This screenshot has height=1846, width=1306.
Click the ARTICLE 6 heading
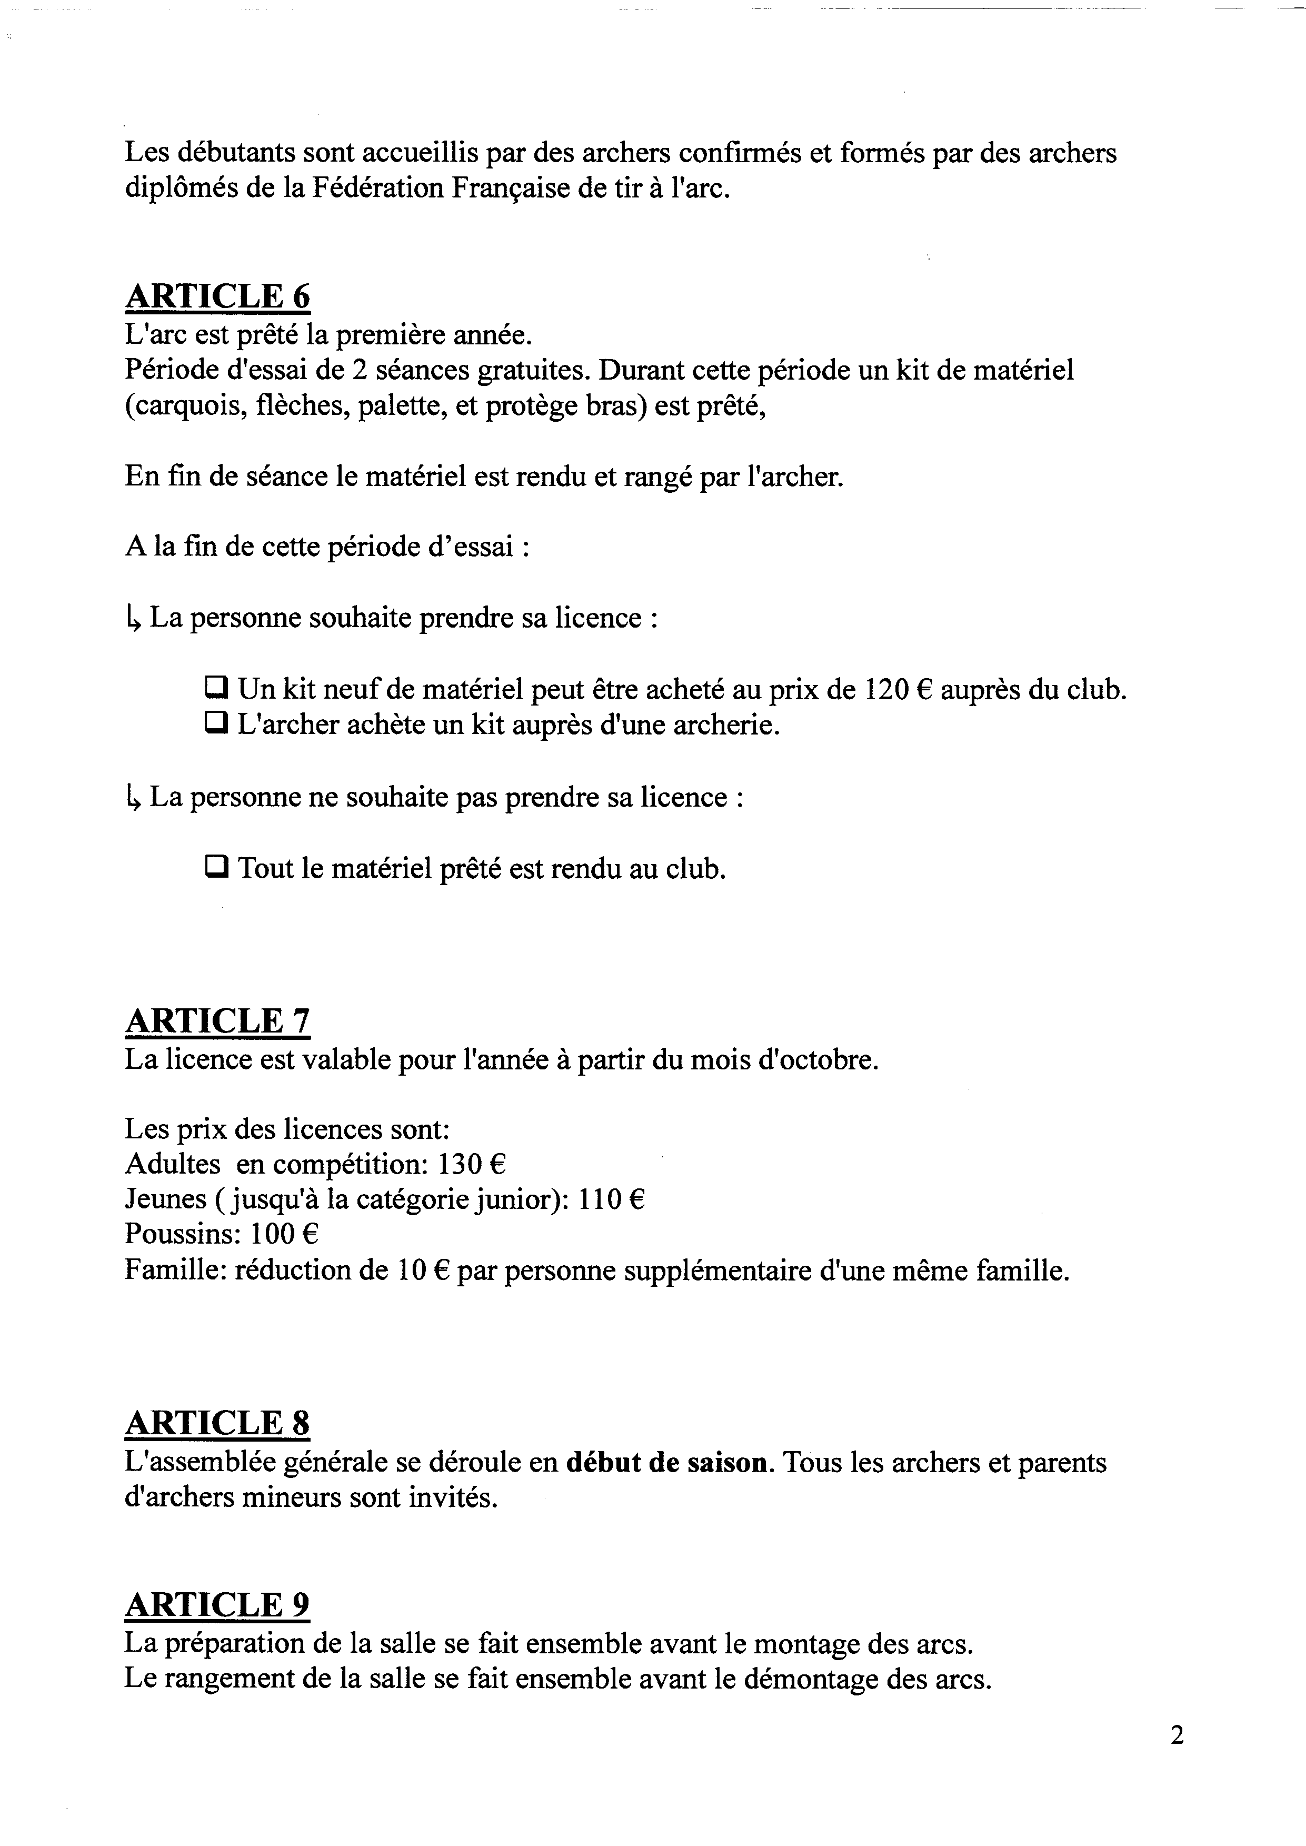[x=217, y=297]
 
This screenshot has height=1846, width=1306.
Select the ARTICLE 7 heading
[x=217, y=1021]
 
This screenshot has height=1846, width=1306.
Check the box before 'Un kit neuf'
[x=215, y=689]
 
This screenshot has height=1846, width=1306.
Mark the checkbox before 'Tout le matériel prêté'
[x=215, y=867]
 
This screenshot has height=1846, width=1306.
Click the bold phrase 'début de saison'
[x=666, y=1462]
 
